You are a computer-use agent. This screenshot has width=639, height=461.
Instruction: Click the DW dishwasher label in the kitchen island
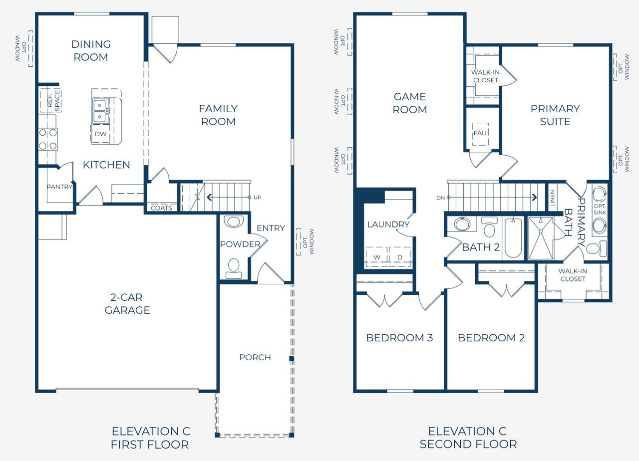coord(101,134)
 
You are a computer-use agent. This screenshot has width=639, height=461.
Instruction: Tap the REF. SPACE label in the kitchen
coord(53,101)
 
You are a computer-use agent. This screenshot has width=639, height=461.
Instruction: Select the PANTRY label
coord(59,187)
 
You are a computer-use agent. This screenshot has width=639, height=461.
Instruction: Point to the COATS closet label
coord(161,208)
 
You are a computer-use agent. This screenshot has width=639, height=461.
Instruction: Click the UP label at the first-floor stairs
coord(257,197)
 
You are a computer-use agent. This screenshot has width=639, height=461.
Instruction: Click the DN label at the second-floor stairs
coord(440,198)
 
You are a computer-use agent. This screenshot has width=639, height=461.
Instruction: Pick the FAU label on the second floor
coord(480,133)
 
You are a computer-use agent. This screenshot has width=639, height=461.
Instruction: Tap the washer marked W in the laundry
coord(377,257)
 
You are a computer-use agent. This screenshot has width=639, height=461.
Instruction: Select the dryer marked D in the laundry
coord(400,257)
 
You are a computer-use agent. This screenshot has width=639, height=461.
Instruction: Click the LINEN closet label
coord(553,198)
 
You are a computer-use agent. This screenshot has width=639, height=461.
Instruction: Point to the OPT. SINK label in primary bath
coord(600,209)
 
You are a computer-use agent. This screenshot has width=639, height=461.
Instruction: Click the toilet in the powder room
coord(234,268)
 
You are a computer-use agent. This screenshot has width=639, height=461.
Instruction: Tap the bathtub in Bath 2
coord(513,238)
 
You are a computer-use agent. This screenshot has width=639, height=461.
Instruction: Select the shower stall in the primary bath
coord(541,238)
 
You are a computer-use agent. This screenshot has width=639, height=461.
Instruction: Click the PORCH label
coord(255,357)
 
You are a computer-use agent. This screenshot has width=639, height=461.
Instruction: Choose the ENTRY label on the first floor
coord(271,228)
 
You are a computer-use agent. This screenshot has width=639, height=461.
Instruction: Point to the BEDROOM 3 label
coord(399,338)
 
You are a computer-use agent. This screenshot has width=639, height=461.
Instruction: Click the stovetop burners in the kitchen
coord(48,139)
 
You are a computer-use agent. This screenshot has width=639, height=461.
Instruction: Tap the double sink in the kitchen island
coord(100,111)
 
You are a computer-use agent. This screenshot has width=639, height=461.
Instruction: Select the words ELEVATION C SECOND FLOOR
coord(468,438)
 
